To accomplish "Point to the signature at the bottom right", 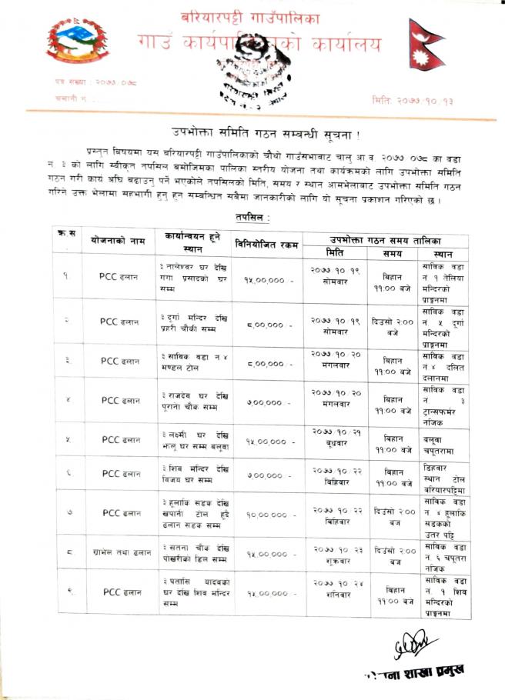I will pyautogui.click(x=413, y=644).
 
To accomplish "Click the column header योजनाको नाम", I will pyautogui.click(x=115, y=241).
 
